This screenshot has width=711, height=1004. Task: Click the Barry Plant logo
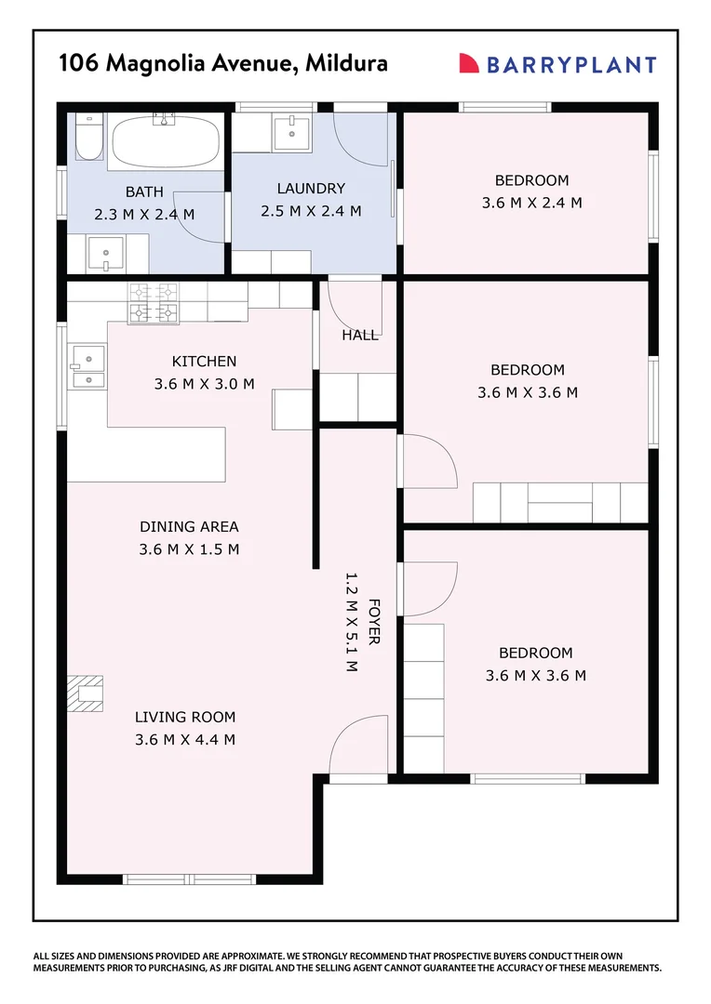point(557,64)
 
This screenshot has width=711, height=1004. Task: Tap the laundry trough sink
point(294,131)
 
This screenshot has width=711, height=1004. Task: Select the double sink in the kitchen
point(87,366)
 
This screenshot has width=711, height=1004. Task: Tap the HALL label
point(359,335)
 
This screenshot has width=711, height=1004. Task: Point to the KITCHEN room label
point(204,361)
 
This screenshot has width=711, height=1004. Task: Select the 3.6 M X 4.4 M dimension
point(184,740)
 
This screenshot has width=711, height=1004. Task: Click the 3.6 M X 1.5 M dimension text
point(189,549)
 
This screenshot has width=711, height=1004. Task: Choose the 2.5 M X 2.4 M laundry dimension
point(311,211)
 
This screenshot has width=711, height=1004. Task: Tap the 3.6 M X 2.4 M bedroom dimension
point(531,203)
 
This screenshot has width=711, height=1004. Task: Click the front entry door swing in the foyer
point(359,744)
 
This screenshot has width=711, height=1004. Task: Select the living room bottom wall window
point(176,878)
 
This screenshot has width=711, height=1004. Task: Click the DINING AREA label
point(189,526)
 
